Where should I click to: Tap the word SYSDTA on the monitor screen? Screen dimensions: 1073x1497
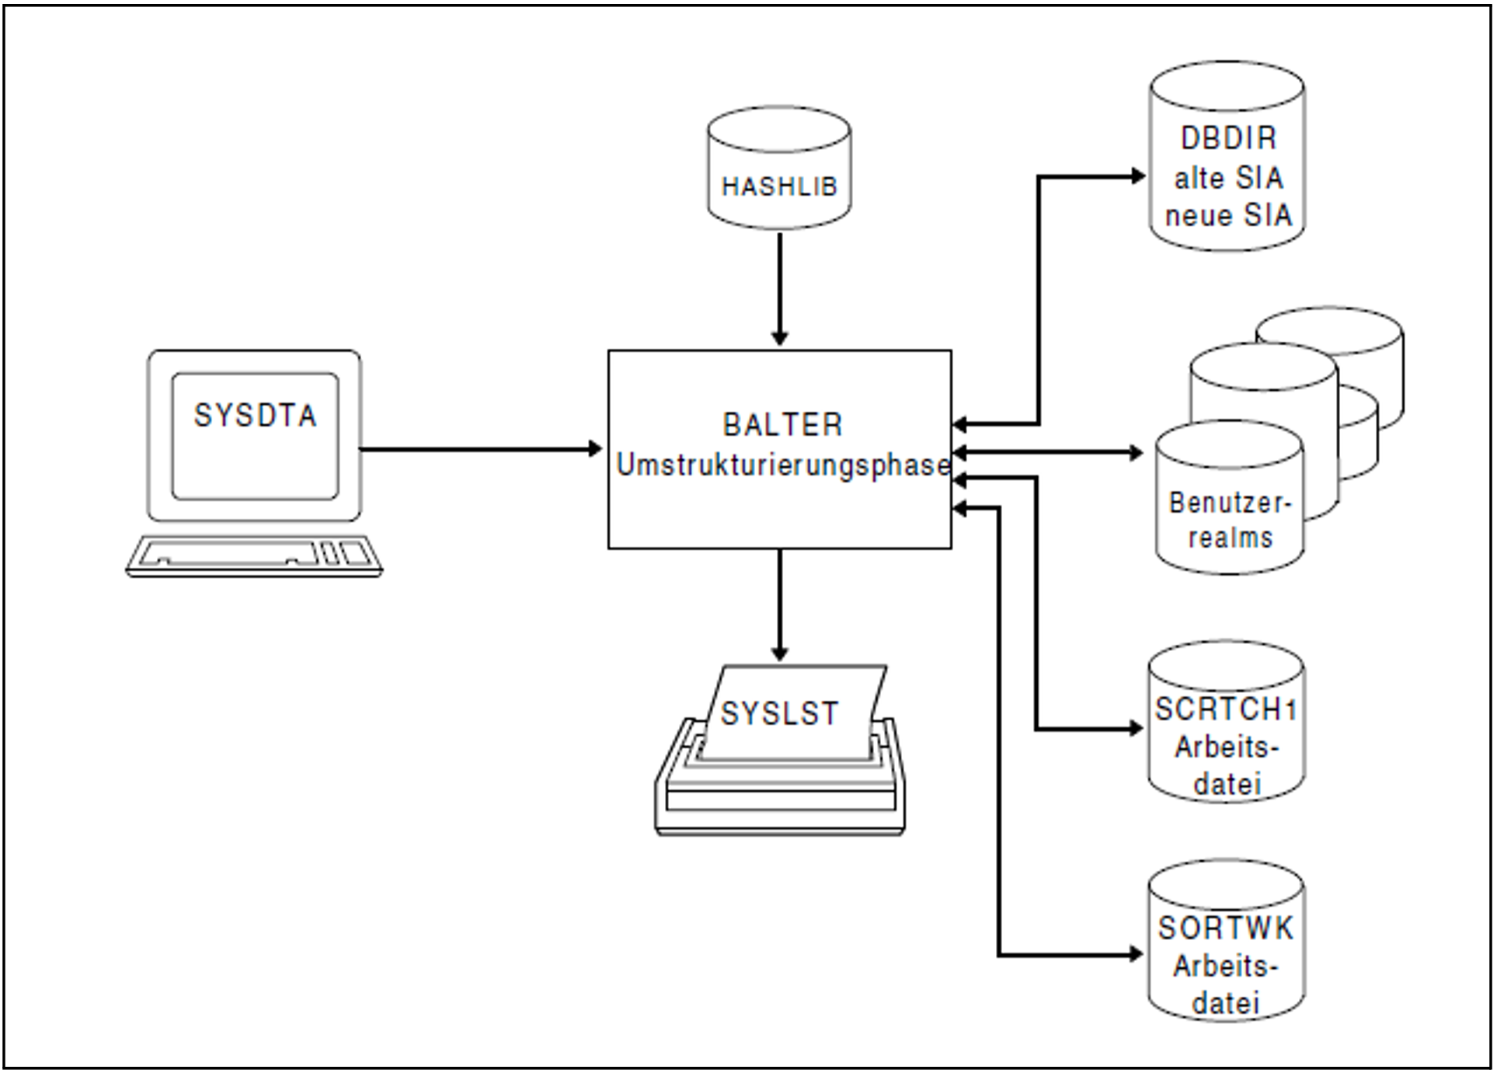click(255, 416)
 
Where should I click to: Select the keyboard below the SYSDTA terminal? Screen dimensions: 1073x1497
click(254, 556)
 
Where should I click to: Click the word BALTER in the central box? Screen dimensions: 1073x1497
click(782, 425)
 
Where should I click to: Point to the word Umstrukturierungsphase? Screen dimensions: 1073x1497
click(782, 465)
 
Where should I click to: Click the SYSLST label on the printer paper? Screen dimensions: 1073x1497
click(779, 713)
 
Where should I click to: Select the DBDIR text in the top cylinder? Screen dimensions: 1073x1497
click(1228, 138)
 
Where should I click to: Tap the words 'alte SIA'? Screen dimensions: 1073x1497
click(1228, 178)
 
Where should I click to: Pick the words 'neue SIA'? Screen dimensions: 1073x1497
click(1228, 215)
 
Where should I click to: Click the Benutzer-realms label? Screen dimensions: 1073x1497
click(1230, 520)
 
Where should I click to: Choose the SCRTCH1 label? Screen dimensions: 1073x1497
click(1225, 709)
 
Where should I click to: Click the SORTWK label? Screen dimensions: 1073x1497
click(1225, 928)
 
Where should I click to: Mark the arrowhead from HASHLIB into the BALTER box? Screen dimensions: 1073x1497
click(780, 338)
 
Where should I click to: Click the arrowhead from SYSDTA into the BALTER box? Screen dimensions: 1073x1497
click(596, 448)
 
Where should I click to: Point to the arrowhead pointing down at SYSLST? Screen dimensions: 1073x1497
click(780, 653)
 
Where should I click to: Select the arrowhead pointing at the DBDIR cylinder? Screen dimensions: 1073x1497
click(1138, 176)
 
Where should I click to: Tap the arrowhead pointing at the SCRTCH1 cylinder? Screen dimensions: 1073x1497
click(1136, 729)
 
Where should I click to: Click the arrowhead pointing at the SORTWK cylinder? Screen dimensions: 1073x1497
click(1136, 954)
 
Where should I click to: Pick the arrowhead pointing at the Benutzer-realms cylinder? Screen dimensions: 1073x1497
click(1136, 452)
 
